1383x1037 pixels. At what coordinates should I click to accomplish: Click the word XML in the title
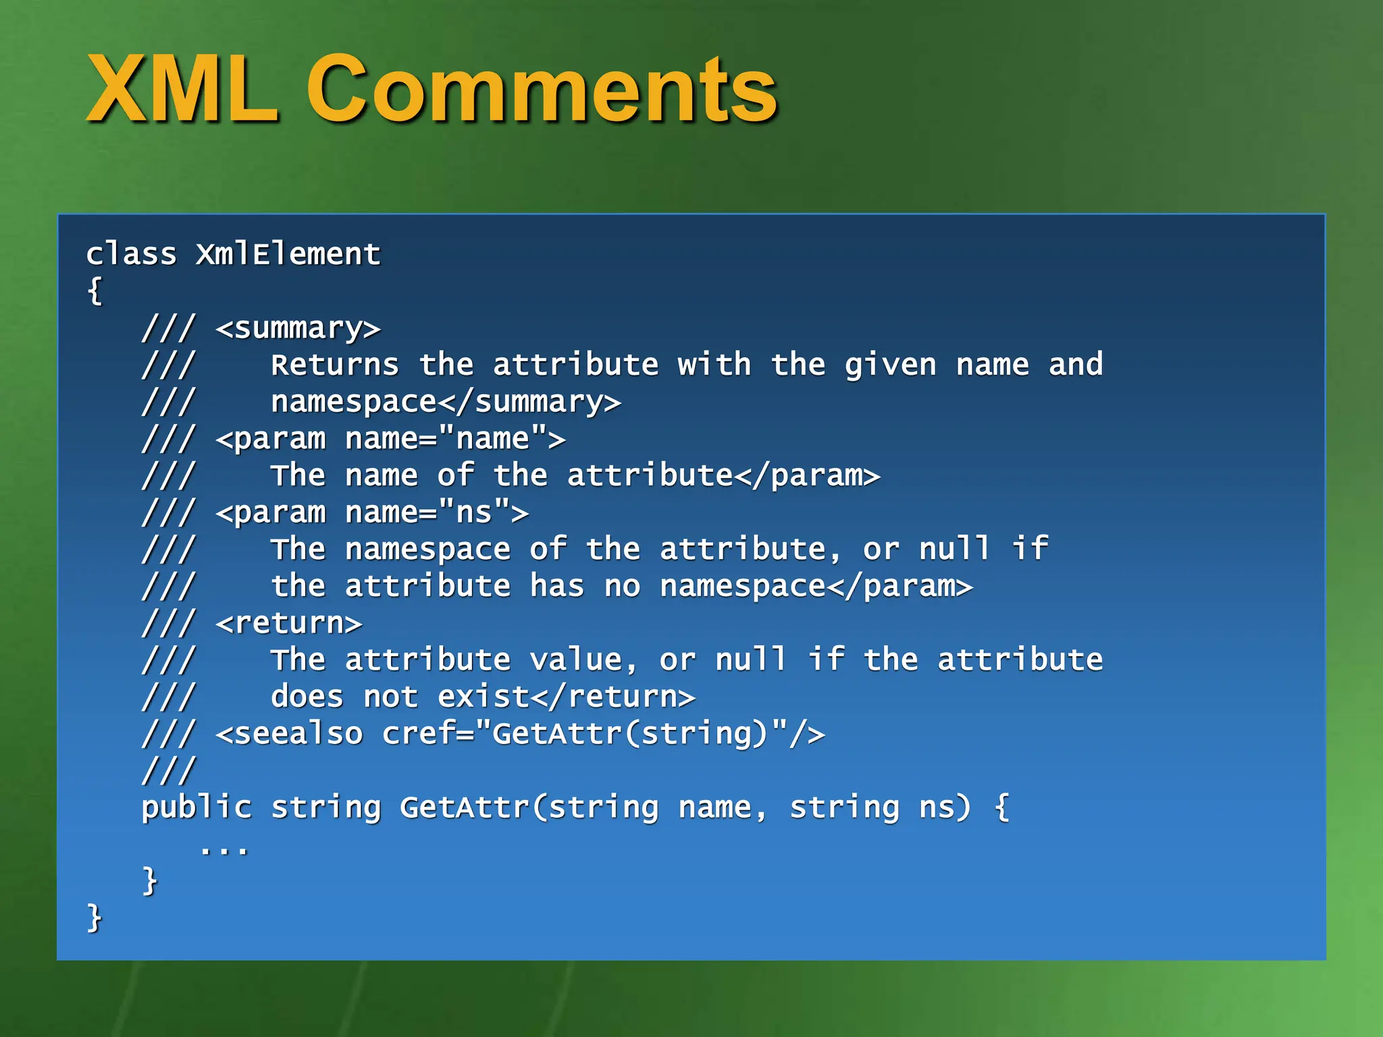[x=182, y=90]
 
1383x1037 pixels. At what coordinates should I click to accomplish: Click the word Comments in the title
[x=542, y=90]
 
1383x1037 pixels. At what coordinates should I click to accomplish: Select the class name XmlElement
[x=288, y=255]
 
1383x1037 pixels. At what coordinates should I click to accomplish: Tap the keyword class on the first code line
[x=131, y=255]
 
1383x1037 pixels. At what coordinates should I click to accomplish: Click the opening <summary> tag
[x=298, y=329]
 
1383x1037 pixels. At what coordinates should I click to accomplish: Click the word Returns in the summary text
[x=335, y=365]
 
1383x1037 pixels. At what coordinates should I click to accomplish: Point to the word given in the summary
[x=890, y=365]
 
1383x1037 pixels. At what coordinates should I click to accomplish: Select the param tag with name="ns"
[x=372, y=513]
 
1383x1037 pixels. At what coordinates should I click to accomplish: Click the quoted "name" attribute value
[x=492, y=440]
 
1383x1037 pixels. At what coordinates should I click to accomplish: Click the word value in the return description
[x=575, y=660]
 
